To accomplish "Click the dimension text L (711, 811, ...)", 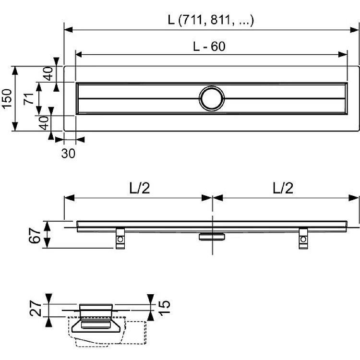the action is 211,20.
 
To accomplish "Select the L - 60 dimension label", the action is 209,47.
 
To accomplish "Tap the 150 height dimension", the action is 6,98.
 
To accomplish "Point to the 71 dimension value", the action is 29,99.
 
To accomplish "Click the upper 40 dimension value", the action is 48,73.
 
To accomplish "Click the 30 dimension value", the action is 68,154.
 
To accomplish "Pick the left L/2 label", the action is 140,188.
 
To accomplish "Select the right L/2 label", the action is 283,188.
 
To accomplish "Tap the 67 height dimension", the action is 35,236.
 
